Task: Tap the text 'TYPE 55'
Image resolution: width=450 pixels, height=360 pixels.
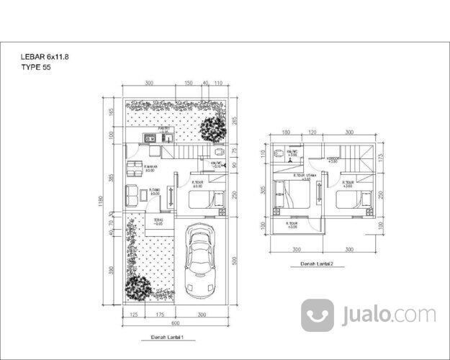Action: [36, 68]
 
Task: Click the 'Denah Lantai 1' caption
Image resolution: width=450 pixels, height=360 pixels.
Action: [167, 337]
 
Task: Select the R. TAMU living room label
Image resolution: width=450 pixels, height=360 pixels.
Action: [153, 192]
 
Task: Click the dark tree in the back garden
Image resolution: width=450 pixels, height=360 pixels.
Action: [212, 130]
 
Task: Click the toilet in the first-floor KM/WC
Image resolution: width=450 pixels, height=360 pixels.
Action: [218, 154]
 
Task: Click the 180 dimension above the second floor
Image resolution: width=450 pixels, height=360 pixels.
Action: [286, 133]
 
